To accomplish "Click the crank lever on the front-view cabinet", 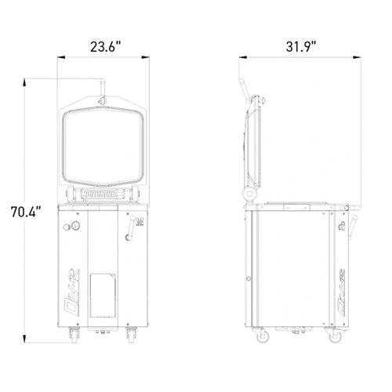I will [x=131, y=234].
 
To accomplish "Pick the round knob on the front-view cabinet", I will [x=76, y=227].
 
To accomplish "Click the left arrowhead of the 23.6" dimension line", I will [x=64, y=57].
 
